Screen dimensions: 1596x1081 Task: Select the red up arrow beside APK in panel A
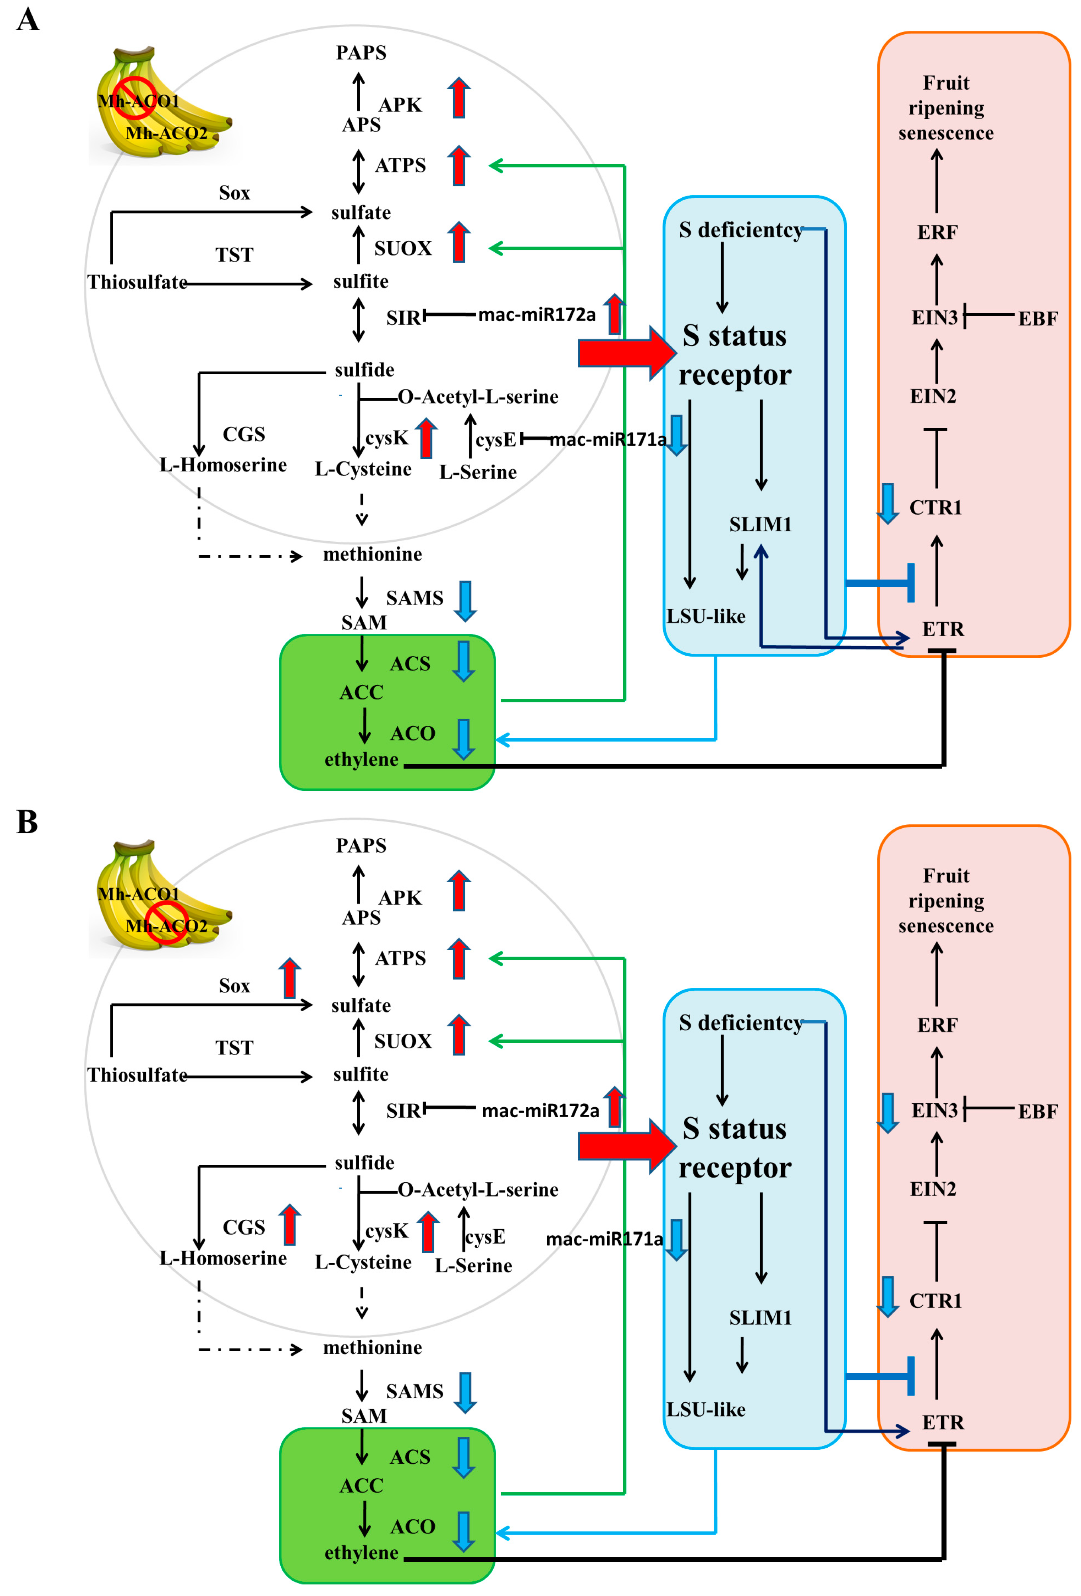coord(459,98)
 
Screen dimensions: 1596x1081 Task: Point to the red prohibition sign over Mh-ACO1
coord(135,98)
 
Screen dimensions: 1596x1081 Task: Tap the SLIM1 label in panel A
coord(760,525)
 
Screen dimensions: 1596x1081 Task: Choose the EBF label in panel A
coord(1037,318)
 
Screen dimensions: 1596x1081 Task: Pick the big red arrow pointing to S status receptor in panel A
coord(626,352)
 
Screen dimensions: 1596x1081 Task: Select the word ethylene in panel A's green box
coord(361,760)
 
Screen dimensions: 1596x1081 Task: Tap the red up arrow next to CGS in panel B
coord(290,1225)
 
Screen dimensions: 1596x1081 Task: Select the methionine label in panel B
coord(372,1347)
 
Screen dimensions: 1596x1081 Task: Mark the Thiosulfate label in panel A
coord(137,282)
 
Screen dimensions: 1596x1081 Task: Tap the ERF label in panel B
coord(937,1025)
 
